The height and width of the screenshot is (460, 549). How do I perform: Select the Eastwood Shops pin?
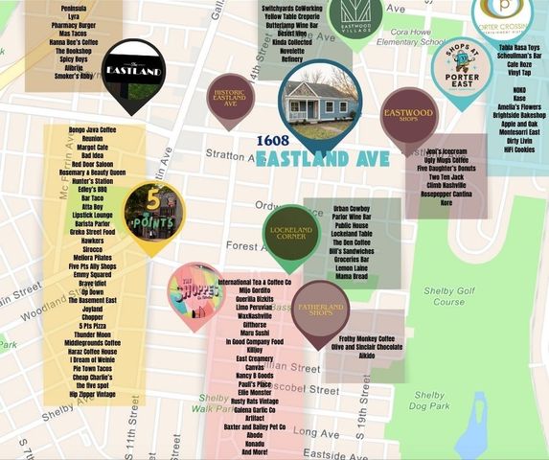click(x=409, y=115)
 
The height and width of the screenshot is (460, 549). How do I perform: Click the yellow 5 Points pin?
click(x=153, y=212)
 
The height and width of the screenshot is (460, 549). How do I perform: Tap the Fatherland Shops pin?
click(x=320, y=310)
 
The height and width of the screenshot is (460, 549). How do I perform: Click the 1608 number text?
click(x=272, y=140)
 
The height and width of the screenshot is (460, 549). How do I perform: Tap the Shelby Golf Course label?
click(x=447, y=294)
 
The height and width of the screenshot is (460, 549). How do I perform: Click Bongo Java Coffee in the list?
click(x=92, y=128)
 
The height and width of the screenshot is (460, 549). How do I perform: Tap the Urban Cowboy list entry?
click(x=351, y=208)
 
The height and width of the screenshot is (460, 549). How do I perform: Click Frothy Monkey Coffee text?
click(x=361, y=339)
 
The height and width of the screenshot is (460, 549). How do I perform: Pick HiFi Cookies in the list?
click(x=519, y=149)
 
